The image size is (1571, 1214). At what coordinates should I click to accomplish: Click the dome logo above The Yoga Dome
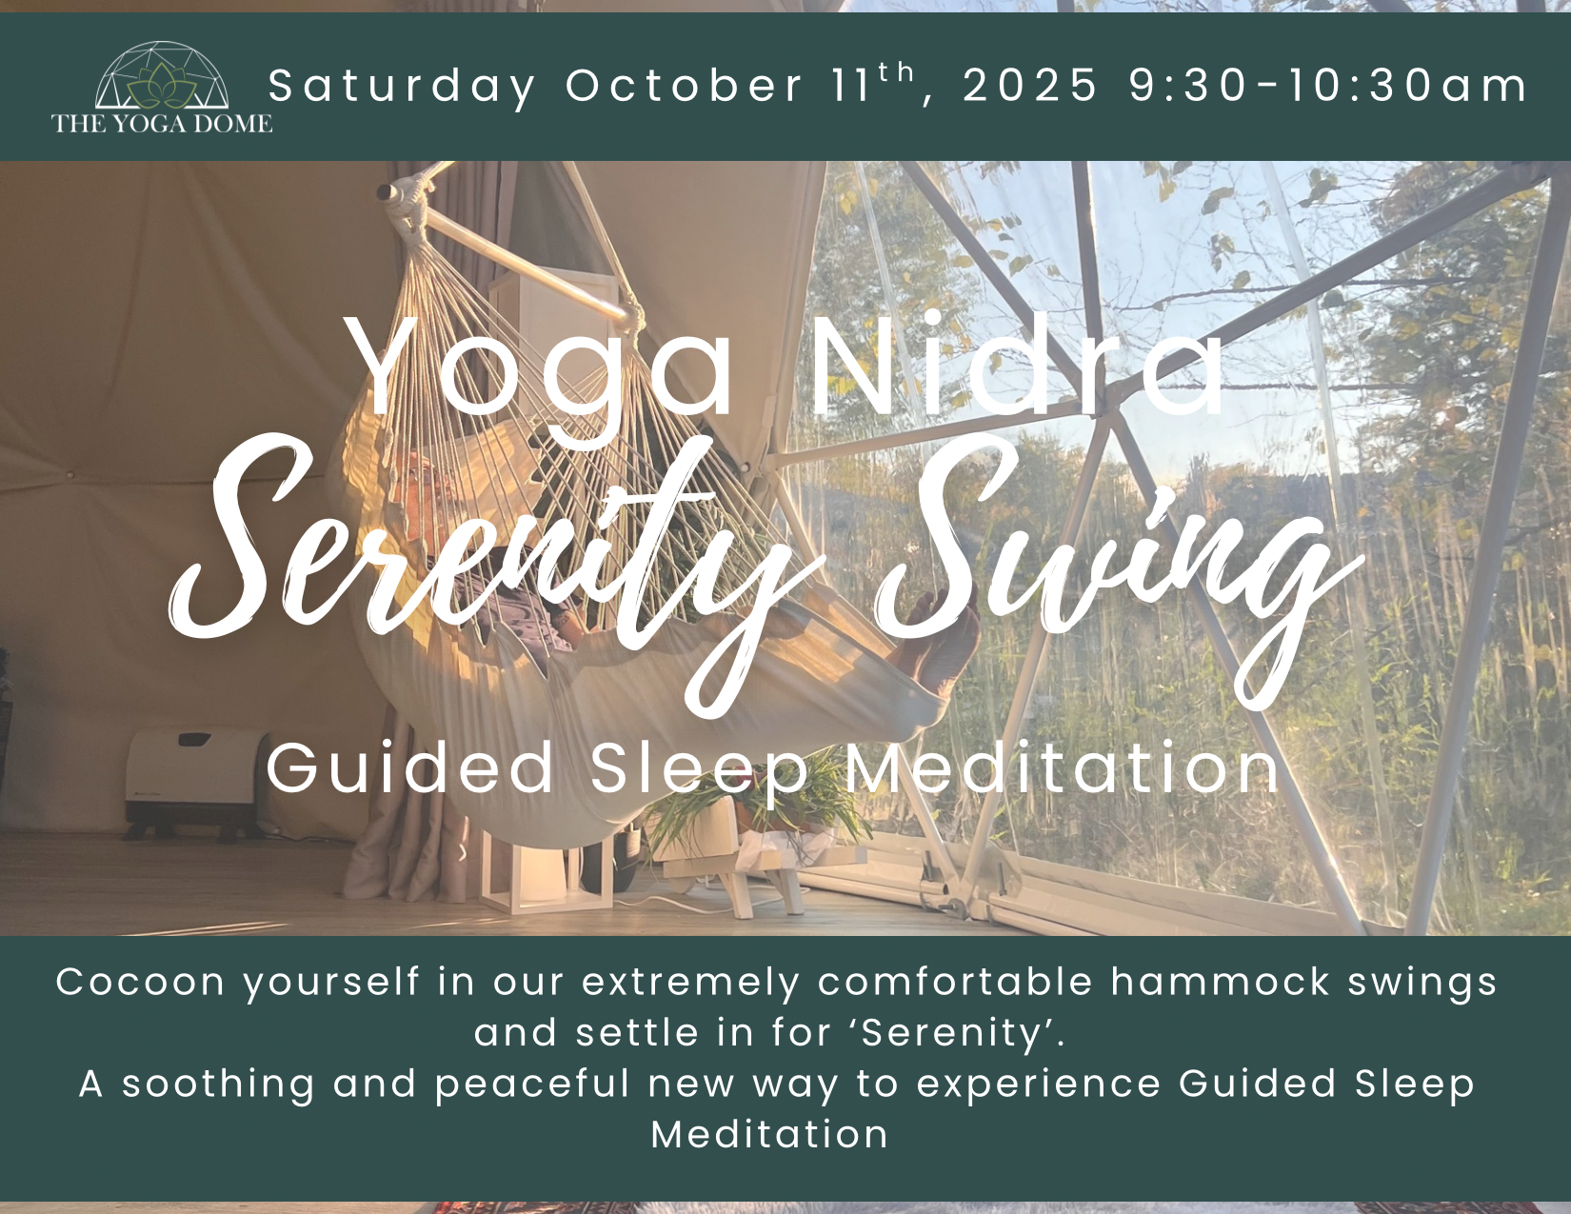coord(162,75)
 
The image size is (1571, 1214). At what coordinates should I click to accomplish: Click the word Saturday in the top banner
coord(402,86)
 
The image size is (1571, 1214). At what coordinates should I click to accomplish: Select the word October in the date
coord(684,86)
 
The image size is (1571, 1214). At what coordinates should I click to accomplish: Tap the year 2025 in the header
coord(1031,86)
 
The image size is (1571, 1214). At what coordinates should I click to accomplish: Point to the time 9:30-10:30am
coord(1328,86)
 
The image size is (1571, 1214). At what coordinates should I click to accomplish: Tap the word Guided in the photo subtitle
coord(409,767)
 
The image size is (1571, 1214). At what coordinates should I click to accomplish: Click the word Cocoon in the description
coord(140,983)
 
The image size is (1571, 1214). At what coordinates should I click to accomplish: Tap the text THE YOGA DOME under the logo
coord(162,124)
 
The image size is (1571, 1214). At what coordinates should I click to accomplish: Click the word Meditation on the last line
coord(770,1135)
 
